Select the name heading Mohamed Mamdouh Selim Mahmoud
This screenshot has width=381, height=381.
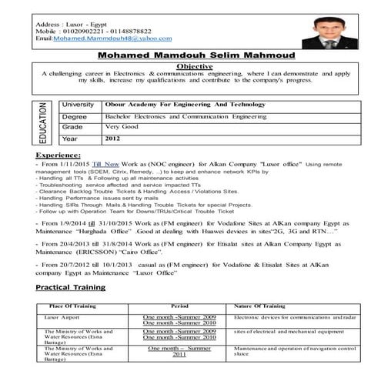pyautogui.click(x=189, y=55)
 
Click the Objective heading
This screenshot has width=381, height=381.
pyautogui.click(x=189, y=67)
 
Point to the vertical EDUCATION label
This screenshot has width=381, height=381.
pyautogui.click(x=44, y=123)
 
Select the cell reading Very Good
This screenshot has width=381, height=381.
pyautogui.click(x=123, y=127)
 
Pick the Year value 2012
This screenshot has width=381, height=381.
pyautogui.click(x=113, y=139)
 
